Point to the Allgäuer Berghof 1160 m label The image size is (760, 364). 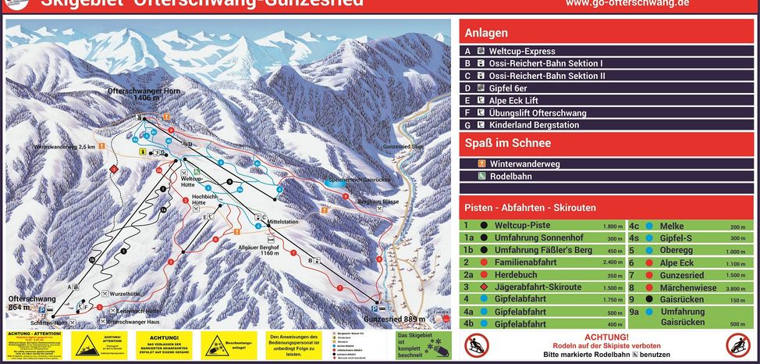pyautogui.click(x=258, y=249)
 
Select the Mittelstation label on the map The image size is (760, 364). pyautogui.click(x=282, y=222)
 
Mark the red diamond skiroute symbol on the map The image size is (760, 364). pyautogui.click(x=113, y=169)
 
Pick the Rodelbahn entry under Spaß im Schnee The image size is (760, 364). pyautogui.click(x=510, y=177)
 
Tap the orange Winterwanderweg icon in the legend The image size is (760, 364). pyautogui.click(x=482, y=164)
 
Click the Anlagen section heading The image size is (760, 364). pyautogui.click(x=486, y=33)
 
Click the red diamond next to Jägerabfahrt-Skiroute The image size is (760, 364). pyautogui.click(x=484, y=287)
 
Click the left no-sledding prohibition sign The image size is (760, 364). pyautogui.click(x=477, y=344)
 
